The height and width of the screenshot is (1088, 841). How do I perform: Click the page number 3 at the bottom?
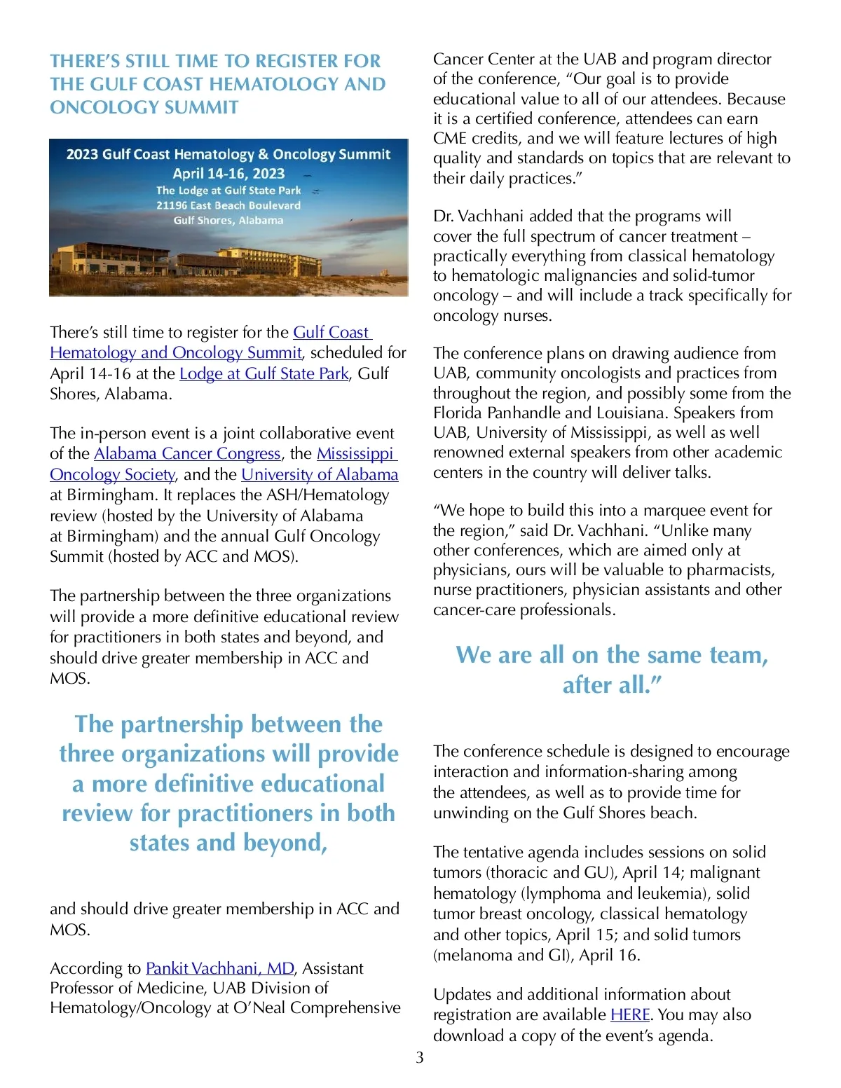(x=419, y=1057)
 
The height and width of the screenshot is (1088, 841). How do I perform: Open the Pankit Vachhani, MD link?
(x=219, y=968)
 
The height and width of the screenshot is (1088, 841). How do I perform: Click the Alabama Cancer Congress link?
(x=187, y=454)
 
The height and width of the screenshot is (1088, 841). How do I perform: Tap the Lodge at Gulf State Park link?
(x=264, y=374)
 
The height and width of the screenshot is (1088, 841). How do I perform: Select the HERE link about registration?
(x=630, y=1014)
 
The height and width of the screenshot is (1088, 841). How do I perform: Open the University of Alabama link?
(x=320, y=475)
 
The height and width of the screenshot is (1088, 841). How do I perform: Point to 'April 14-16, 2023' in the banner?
(x=228, y=174)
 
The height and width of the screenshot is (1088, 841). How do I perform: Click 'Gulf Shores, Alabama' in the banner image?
(x=228, y=220)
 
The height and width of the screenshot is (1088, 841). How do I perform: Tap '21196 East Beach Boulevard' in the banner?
(x=228, y=205)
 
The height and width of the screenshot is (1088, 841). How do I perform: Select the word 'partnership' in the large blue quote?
(x=182, y=724)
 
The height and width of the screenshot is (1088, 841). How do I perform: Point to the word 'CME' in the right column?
(x=450, y=139)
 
